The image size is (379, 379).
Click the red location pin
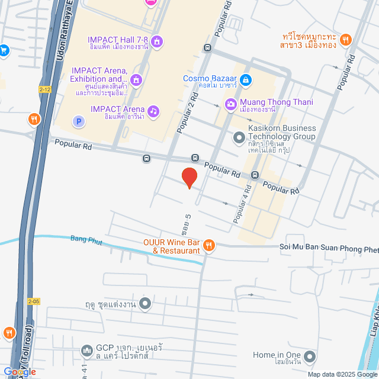point(189,177)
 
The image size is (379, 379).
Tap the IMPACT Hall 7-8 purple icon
point(157,41)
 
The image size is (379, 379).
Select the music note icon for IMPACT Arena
point(153,110)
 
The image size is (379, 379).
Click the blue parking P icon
point(78,121)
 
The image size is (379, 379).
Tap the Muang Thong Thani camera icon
point(230,104)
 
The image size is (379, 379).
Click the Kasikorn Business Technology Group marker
point(239,138)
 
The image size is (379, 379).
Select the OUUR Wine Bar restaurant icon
point(208,245)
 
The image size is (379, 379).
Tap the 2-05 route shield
point(33,301)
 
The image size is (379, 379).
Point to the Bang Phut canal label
point(87,239)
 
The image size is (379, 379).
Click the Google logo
point(20,371)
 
